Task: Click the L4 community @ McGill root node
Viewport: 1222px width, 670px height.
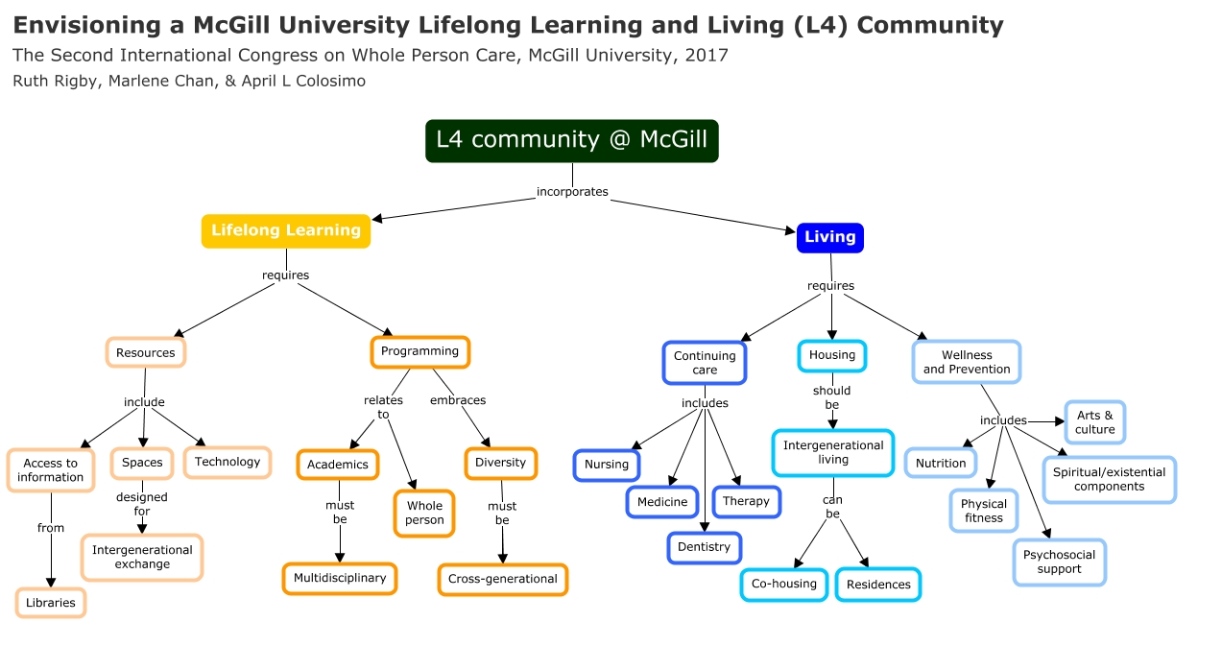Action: click(x=571, y=140)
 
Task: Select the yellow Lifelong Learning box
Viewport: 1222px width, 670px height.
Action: click(x=285, y=230)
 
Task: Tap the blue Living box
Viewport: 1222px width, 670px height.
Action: click(x=829, y=237)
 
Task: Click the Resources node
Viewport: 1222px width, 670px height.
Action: click(x=145, y=352)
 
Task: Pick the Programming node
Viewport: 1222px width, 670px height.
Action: click(x=419, y=351)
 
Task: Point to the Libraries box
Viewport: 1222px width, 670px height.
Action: click(x=50, y=603)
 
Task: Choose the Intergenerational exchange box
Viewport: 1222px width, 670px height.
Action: click(x=142, y=558)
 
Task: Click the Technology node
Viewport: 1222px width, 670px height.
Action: click(x=228, y=462)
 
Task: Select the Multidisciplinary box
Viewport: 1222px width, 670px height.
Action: click(x=340, y=579)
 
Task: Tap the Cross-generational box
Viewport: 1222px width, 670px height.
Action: click(x=502, y=579)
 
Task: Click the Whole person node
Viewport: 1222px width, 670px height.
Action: click(x=424, y=513)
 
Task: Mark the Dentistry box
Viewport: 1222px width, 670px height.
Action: click(x=704, y=547)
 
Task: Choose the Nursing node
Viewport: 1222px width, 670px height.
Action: click(x=606, y=465)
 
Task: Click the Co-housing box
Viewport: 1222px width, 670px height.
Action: click(x=783, y=584)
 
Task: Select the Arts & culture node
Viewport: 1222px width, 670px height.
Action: click(x=1094, y=422)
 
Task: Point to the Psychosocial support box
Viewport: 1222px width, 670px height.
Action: click(x=1059, y=562)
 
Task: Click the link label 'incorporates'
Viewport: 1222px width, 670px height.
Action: click(x=572, y=192)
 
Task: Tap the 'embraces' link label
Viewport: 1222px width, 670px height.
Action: click(x=458, y=400)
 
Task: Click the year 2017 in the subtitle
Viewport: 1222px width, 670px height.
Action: click(x=707, y=55)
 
